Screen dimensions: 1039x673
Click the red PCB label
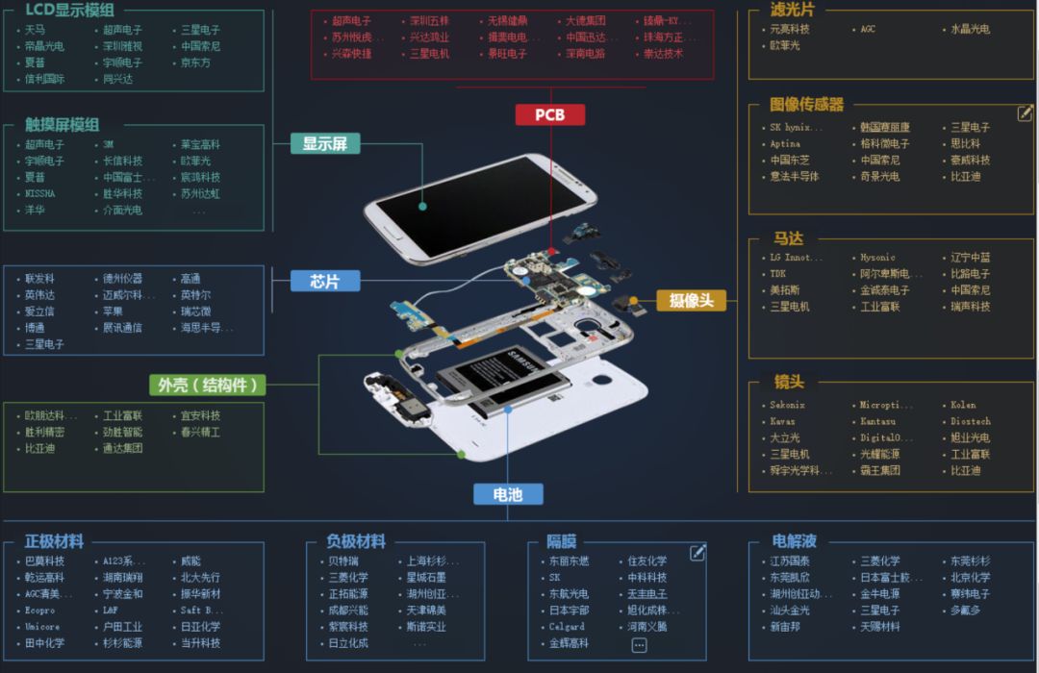tap(549, 115)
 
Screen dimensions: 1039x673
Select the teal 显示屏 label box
tap(325, 144)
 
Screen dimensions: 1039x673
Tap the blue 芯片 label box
tap(325, 281)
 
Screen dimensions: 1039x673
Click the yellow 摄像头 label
tap(691, 300)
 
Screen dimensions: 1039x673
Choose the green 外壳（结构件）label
tap(207, 386)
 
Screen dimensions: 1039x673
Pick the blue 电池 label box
tap(507, 494)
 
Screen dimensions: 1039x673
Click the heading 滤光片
tap(793, 10)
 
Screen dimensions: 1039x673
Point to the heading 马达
tap(788, 238)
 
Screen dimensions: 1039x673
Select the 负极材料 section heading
tap(356, 541)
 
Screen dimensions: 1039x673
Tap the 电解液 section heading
tap(795, 541)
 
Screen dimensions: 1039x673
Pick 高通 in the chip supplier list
tap(190, 279)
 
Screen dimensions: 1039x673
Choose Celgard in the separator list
tap(567, 627)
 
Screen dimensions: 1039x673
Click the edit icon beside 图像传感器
tap(1025, 113)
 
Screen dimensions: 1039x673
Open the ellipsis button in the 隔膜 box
tap(639, 646)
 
